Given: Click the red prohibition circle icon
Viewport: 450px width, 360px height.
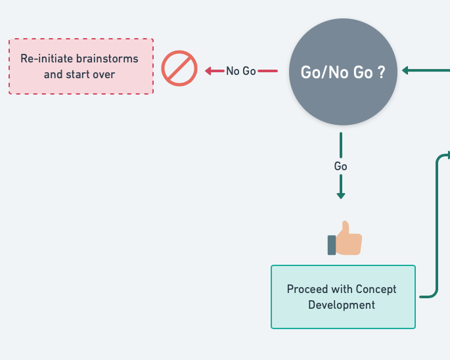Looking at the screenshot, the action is pos(179,68).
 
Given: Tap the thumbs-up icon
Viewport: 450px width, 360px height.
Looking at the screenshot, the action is pos(345,238).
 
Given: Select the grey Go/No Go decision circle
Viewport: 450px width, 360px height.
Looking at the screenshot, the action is pos(343,72).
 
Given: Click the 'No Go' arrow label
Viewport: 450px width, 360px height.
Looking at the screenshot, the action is pos(241,71).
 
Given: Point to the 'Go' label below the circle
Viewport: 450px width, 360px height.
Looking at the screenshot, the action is pos(341,166).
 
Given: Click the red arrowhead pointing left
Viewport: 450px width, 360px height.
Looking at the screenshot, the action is pos(208,71).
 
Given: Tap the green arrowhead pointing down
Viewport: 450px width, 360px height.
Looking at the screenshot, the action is pos(341,196).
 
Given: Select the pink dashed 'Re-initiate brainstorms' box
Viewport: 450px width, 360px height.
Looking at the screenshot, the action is pos(81,66).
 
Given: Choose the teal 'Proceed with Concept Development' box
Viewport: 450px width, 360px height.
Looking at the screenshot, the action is pos(343,297).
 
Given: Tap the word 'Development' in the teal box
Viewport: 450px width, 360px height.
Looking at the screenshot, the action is pos(342,305).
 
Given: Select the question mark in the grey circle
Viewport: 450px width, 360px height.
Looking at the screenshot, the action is pos(381,72).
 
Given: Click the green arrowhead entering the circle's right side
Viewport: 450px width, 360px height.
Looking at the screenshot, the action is pos(405,70).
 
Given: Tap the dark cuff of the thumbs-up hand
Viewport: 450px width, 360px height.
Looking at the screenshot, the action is pos(332,245).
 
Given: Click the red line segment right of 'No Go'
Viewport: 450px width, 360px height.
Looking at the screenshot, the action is pos(268,71).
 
